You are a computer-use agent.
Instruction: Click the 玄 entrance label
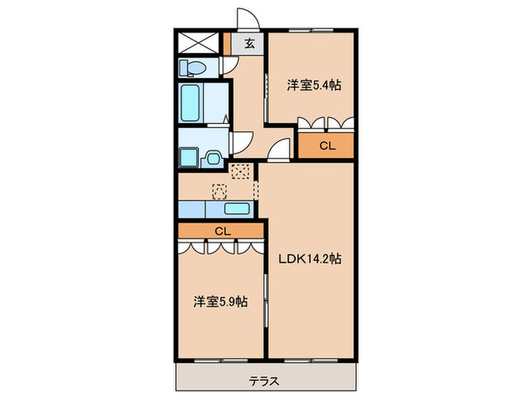point(249,44)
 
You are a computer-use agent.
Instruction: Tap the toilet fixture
point(193,68)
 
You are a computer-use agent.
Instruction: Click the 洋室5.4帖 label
point(312,85)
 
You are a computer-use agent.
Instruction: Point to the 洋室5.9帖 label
point(220,302)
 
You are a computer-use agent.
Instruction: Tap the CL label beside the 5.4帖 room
point(325,145)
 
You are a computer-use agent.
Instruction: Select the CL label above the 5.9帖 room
point(221,230)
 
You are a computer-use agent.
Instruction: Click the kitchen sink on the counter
point(239,209)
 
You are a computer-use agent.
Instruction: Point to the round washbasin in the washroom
point(214,159)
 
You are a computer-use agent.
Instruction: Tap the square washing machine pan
point(188,158)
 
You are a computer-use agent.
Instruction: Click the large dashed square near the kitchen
point(242,172)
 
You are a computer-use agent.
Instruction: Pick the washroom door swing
point(242,141)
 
